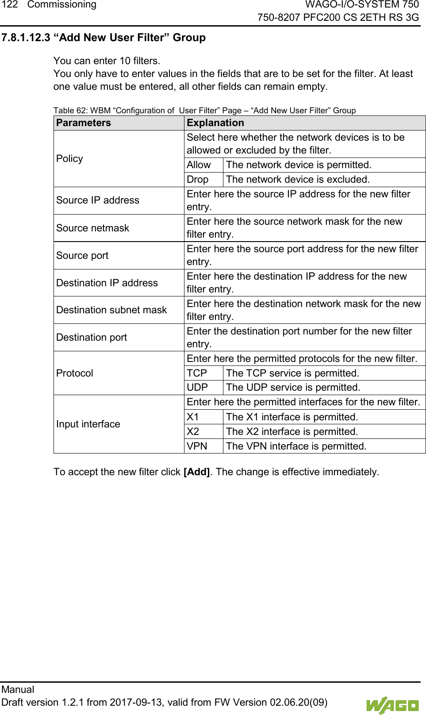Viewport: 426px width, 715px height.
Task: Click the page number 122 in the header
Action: coord(9,5)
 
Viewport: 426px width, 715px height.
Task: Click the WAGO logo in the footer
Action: coord(392,705)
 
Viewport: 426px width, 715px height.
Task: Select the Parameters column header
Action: coord(84,123)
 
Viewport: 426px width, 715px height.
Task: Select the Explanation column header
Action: coord(215,123)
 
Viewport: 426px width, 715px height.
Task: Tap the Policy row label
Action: coord(69,159)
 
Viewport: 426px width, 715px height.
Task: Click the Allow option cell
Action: coord(199,165)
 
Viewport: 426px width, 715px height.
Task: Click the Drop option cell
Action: coord(197,180)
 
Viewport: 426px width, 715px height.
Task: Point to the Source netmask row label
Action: coord(92,228)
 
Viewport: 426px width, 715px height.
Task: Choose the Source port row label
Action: coord(82,256)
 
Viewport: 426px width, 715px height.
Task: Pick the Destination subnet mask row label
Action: coord(111,310)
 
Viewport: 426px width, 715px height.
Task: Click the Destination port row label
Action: coord(92,338)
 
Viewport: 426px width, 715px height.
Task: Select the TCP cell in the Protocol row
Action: coord(197,373)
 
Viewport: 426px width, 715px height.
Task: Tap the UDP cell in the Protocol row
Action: coord(197,388)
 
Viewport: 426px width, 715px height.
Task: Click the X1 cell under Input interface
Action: coord(193,417)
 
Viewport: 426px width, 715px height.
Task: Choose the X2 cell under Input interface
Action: coord(193,432)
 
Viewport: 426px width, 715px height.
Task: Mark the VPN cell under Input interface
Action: coord(197,446)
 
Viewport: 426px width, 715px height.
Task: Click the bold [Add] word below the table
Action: coord(196,472)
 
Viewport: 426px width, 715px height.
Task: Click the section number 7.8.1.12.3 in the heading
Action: coord(26,38)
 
